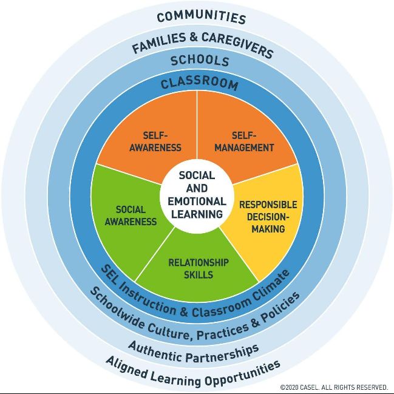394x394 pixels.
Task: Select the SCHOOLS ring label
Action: (x=200, y=61)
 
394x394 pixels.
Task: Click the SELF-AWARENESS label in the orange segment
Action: (x=162, y=141)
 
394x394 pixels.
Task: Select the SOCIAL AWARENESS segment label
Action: (x=131, y=216)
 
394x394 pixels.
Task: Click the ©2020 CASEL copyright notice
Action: (x=333, y=387)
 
